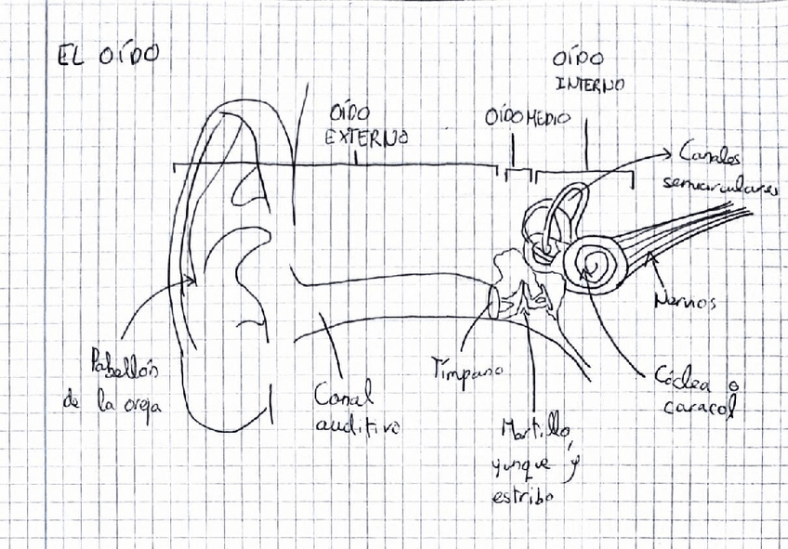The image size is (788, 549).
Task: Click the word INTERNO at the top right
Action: click(590, 85)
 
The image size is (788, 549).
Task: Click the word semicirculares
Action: click(720, 186)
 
